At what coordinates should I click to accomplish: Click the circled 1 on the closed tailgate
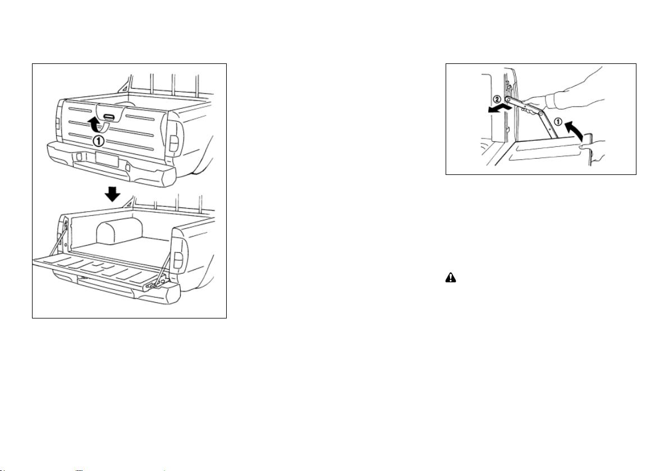tap(98, 140)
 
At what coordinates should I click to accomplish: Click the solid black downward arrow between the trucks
tap(113, 195)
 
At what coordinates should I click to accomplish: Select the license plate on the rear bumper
tap(107, 159)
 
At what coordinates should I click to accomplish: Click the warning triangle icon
tap(451, 278)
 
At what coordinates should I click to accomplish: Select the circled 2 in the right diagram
tap(497, 99)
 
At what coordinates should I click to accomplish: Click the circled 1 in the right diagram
tap(558, 122)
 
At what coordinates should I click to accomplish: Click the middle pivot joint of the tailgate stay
tap(541, 114)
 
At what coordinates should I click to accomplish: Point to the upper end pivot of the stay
tap(508, 100)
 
